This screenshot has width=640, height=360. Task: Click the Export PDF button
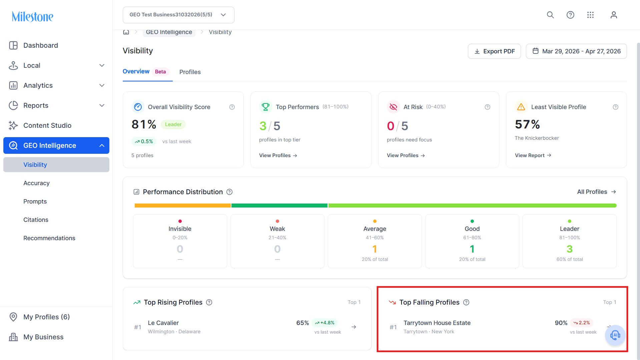[x=494, y=51]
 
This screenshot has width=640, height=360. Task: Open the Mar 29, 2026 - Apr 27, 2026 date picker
[x=576, y=51]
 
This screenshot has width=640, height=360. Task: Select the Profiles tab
[x=190, y=72]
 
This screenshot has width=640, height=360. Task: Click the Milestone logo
[x=33, y=16]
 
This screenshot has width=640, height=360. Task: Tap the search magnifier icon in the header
[x=550, y=15]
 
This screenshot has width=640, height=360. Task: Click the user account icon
[x=614, y=15]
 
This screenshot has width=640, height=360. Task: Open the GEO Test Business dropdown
[x=178, y=15]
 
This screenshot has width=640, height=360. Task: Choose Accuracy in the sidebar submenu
[x=36, y=183]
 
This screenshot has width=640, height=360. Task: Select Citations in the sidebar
[x=36, y=220]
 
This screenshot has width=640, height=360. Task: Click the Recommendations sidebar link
[x=49, y=238]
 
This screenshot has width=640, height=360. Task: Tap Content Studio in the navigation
[x=47, y=125]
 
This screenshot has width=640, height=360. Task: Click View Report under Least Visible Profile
[x=533, y=155]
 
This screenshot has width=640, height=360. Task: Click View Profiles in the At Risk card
[x=406, y=155]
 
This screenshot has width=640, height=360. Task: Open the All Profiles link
[x=596, y=192]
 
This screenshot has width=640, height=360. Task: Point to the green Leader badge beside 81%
[x=173, y=124]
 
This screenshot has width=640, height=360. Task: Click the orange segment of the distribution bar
[x=183, y=206]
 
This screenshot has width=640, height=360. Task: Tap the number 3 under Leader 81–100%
[x=570, y=249]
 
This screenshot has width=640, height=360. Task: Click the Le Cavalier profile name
[x=163, y=323]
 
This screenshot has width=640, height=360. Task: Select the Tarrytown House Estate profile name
[x=437, y=323]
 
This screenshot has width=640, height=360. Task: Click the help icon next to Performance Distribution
[x=229, y=192]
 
